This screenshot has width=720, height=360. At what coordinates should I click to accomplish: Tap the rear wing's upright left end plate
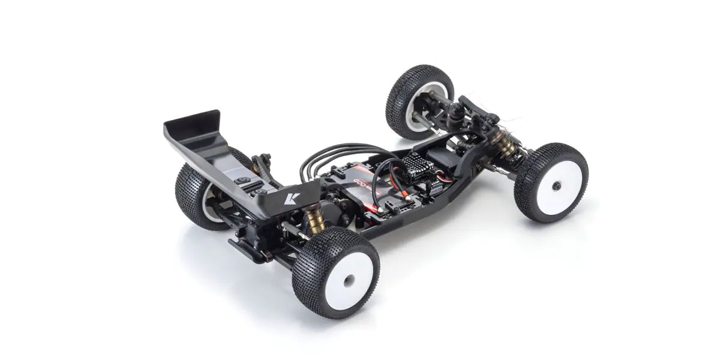(184, 125)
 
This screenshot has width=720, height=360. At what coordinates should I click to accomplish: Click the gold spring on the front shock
(503, 143)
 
